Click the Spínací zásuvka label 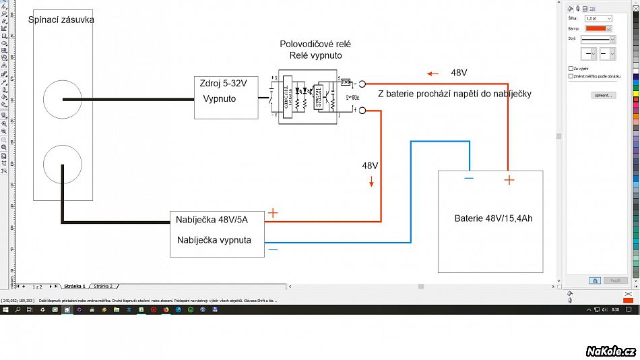[x=61, y=20]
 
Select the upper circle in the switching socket [x=63, y=100]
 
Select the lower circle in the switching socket [x=63, y=164]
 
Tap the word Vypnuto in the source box [x=220, y=98]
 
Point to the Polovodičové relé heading [x=315, y=44]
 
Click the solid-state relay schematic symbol [x=308, y=96]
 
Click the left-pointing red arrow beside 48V [x=433, y=73]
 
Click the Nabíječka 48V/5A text [x=212, y=219]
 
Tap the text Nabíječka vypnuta [x=214, y=239]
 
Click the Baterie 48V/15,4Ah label [x=494, y=218]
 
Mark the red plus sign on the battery [x=509, y=180]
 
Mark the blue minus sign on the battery [x=469, y=179]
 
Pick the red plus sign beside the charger [x=273, y=213]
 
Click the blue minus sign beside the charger [x=273, y=249]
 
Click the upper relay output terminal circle [x=361, y=84]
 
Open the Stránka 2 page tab [x=103, y=286]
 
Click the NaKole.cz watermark [x=610, y=351]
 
